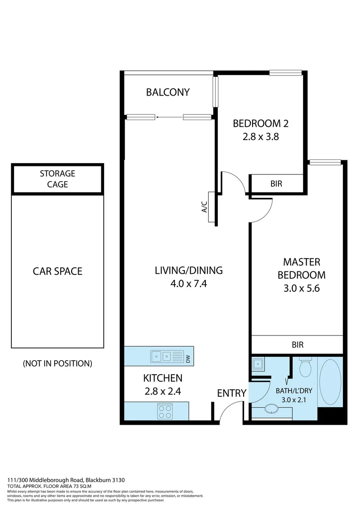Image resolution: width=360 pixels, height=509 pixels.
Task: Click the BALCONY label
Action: (x=168, y=92)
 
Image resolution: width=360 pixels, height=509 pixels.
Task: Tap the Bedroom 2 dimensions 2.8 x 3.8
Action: (x=261, y=139)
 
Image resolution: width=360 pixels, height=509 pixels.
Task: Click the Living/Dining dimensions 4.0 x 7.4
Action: (x=188, y=284)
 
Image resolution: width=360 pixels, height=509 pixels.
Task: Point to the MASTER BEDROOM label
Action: (x=301, y=268)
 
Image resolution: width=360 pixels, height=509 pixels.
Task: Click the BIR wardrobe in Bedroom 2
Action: (x=276, y=184)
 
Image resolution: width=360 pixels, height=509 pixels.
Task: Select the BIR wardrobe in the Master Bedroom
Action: (x=297, y=345)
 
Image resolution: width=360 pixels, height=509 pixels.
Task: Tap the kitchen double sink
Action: (x=161, y=356)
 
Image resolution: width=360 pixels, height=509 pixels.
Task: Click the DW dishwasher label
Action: (x=188, y=360)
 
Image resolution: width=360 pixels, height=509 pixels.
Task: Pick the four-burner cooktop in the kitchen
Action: (x=164, y=412)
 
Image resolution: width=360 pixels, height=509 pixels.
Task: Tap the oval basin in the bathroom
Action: (x=272, y=409)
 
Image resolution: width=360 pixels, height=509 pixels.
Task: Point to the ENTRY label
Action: (x=231, y=393)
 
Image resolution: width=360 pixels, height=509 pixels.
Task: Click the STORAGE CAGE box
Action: (x=57, y=179)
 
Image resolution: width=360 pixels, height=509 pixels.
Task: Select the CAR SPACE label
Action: (x=57, y=271)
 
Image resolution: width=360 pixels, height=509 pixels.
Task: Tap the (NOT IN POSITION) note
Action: (x=57, y=363)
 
